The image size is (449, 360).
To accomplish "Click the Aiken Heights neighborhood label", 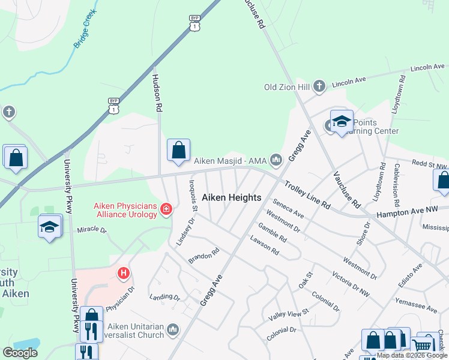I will (x=231, y=197).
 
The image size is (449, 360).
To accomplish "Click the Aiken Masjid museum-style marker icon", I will (x=276, y=160).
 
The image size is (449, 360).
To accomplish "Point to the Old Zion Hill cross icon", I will (x=319, y=86).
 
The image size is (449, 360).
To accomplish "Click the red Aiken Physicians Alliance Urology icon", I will (x=166, y=209).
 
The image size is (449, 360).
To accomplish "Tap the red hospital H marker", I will (x=124, y=274).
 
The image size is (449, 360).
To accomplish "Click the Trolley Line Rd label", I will (x=307, y=195).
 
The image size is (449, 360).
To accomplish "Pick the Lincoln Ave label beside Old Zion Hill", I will (x=349, y=81).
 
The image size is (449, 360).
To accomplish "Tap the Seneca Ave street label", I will (x=288, y=208).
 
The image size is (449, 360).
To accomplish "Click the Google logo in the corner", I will (x=20, y=353).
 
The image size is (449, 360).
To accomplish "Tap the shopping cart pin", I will (x=423, y=345).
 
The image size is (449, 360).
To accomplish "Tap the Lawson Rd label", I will (x=265, y=244).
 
